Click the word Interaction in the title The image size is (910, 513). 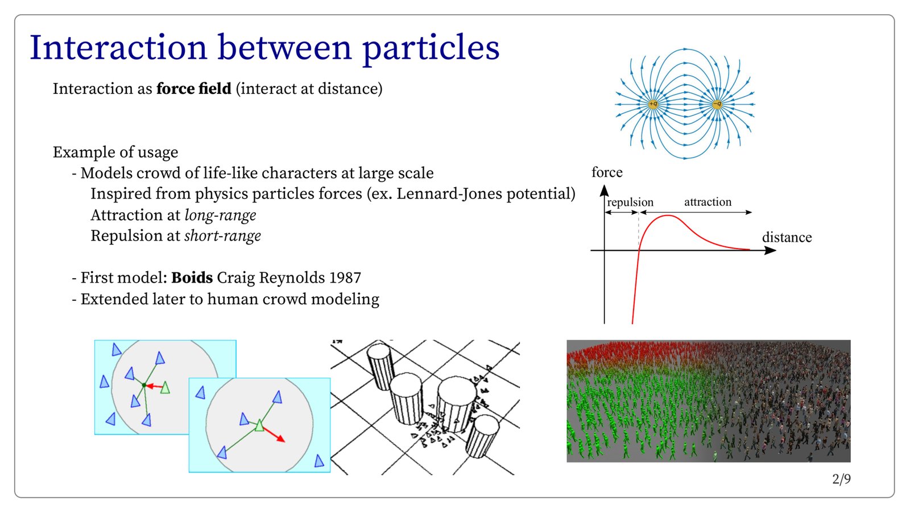[118, 48]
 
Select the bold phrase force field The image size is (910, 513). [194, 89]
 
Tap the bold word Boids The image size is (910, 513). [192, 278]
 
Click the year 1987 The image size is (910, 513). [345, 278]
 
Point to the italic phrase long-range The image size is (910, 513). [220, 216]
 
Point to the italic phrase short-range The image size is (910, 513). [222, 236]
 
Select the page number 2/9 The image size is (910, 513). [841, 479]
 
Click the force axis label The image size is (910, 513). [607, 172]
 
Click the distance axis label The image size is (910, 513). [787, 237]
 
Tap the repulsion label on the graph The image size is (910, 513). [630, 202]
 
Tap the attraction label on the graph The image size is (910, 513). [708, 202]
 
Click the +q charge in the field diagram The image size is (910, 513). [653, 105]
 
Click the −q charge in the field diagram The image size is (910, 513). [717, 105]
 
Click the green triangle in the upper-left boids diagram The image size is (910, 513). [165, 387]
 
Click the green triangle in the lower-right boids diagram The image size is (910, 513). [259, 425]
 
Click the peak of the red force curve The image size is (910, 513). [668, 216]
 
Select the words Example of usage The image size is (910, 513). [115, 152]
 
